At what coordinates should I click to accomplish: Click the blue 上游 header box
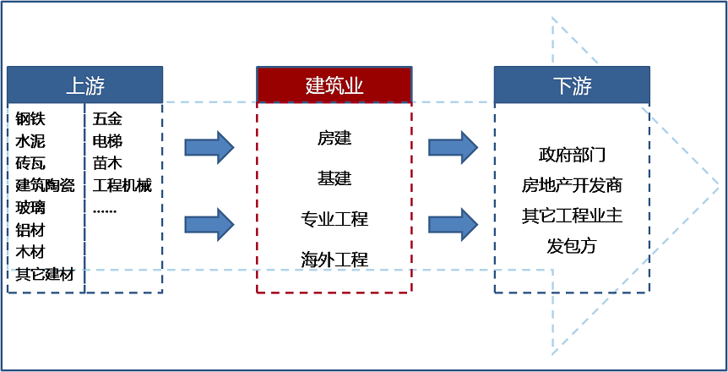point(84,85)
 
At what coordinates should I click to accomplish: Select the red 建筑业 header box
point(334,85)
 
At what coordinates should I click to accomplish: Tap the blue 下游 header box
point(572,85)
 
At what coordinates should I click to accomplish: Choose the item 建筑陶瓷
point(45,185)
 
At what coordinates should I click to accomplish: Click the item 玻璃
point(31,207)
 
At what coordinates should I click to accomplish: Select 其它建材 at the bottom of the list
point(45,274)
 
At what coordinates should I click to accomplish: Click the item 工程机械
point(122,185)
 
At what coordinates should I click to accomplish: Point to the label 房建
point(334,138)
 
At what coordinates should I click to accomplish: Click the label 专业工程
point(334,219)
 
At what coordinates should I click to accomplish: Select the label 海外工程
point(334,260)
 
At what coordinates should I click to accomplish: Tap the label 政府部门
point(572,155)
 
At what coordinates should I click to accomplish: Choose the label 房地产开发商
point(572,185)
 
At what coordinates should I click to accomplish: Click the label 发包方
point(572,246)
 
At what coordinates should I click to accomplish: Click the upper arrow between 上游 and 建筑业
point(209,147)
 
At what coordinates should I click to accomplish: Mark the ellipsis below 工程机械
point(105,209)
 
